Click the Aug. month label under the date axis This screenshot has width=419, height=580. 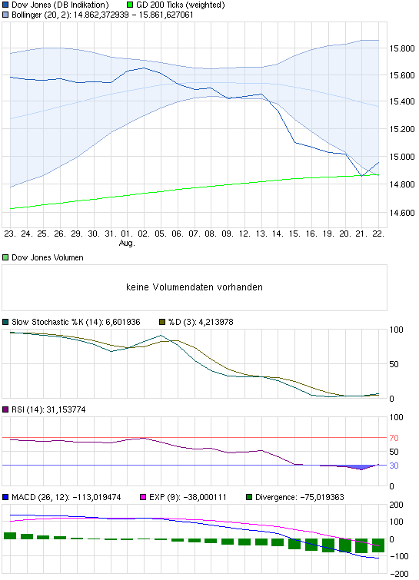(x=127, y=243)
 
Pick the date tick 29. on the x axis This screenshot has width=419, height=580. (x=77, y=233)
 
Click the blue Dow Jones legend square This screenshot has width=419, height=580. (x=6, y=5)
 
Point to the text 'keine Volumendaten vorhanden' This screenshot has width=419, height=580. (x=195, y=287)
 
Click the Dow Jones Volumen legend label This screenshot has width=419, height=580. (x=48, y=257)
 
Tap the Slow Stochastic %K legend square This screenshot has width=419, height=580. (x=6, y=321)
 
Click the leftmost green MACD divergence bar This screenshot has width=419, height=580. (x=10, y=535)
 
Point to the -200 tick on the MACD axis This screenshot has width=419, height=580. (x=400, y=574)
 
